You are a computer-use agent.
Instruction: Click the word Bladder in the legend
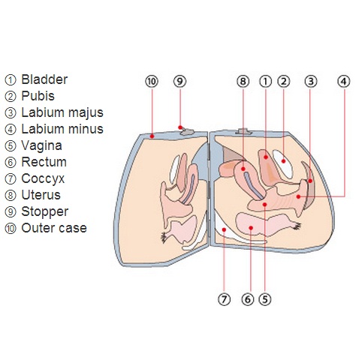[44, 79]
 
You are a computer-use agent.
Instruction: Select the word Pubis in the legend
[38, 96]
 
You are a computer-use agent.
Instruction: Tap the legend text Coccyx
[43, 178]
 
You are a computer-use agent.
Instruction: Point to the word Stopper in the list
[44, 211]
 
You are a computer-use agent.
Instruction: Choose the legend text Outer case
[54, 228]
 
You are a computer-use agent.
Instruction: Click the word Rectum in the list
[44, 162]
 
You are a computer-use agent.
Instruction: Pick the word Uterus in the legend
[41, 195]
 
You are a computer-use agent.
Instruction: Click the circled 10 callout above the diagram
[152, 81]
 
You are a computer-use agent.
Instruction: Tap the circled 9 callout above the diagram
[180, 81]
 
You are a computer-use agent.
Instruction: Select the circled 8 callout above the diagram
[243, 81]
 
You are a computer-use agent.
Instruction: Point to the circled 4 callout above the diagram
[344, 81]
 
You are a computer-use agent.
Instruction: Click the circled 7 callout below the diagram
[224, 299]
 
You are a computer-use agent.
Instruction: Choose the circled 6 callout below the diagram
[248, 299]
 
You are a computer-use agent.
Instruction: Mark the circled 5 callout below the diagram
[265, 299]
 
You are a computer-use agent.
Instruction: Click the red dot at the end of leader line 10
[152, 136]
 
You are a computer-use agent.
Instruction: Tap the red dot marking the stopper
[180, 127]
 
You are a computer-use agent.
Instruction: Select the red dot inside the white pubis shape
[283, 161]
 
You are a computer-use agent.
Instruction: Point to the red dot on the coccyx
[224, 229]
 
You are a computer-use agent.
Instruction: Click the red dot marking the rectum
[251, 227]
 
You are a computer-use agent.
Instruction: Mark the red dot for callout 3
[310, 181]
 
